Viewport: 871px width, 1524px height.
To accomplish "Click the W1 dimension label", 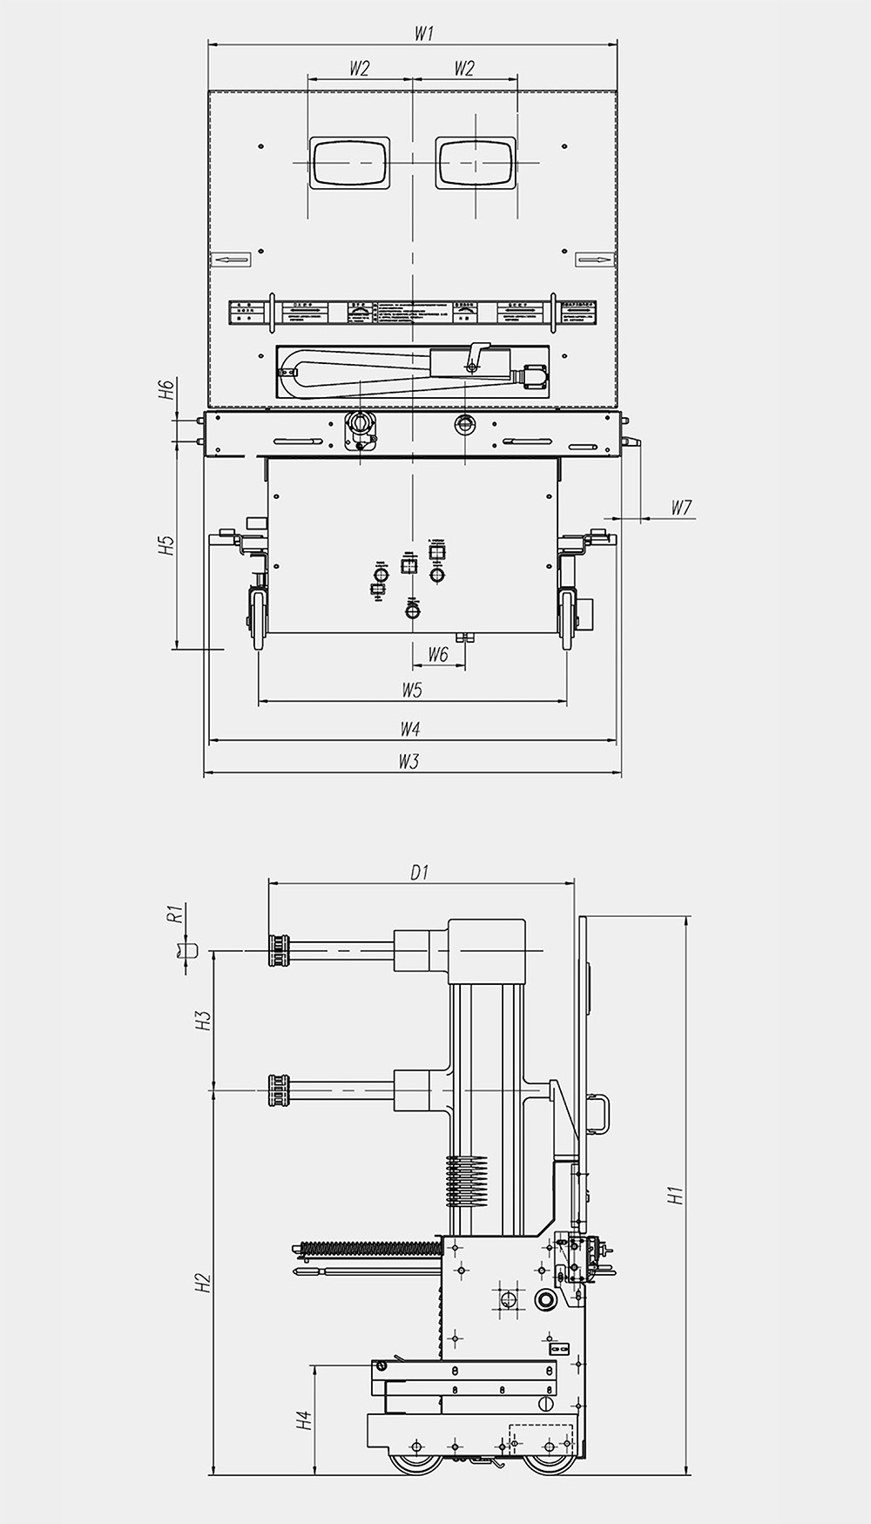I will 423,34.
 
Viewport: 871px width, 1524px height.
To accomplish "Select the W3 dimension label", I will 409,761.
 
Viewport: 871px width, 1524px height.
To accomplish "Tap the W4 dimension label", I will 410,728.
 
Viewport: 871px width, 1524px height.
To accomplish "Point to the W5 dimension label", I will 412,690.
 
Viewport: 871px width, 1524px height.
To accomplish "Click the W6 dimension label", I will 438,655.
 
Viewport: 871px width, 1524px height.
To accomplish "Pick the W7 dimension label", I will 682,507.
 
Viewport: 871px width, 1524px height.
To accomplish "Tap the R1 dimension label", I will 174,913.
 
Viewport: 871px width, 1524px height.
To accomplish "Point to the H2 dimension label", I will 202,1283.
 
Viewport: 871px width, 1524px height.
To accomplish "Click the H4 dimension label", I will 303,1421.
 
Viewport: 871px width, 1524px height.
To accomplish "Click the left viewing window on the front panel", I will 350,163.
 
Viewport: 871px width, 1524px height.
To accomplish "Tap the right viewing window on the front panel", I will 476,163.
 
